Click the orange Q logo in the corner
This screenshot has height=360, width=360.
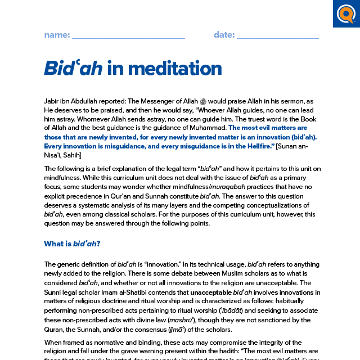pyautogui.click(x=346, y=13)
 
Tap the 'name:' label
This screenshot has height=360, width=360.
pyautogui.click(x=57, y=35)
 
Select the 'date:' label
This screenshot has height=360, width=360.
pyautogui.click(x=224, y=35)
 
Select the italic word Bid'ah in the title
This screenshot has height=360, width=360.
pyautogui.click(x=73, y=68)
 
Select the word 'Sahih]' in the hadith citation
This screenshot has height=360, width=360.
pyautogui.click(x=70, y=155)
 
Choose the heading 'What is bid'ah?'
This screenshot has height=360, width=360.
pyautogui.click(x=72, y=244)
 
